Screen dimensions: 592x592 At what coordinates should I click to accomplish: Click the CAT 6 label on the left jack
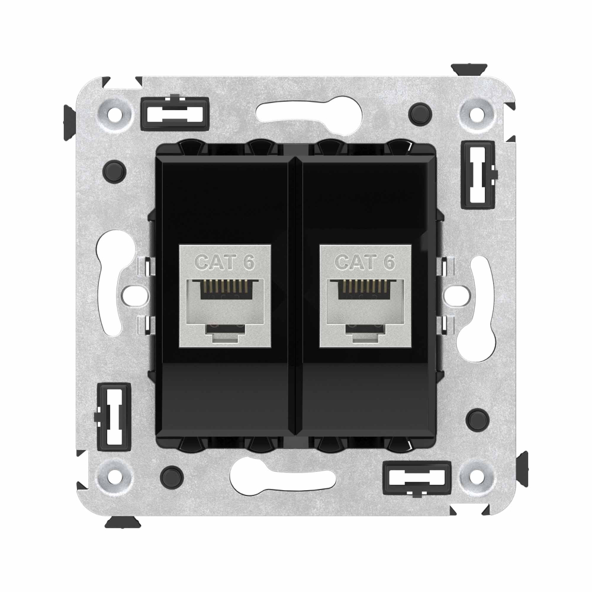point(224,262)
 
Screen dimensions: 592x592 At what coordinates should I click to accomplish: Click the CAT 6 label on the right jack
point(365,262)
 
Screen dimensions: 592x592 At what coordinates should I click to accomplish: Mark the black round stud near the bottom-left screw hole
point(171,474)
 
